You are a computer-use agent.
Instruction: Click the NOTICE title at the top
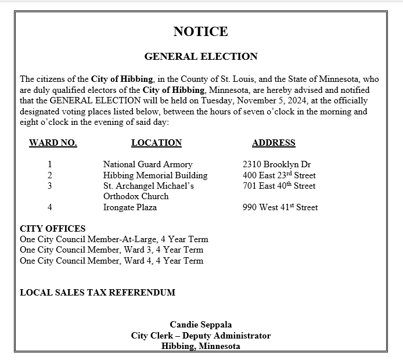(x=200, y=31)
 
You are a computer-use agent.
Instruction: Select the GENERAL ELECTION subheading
(x=200, y=56)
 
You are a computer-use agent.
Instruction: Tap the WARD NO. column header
(x=53, y=143)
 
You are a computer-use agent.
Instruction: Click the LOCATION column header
(x=156, y=143)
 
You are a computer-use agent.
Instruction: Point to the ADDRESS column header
(x=274, y=143)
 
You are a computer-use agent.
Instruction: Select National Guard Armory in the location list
(x=147, y=164)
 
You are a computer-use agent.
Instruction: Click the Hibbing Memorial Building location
(x=155, y=175)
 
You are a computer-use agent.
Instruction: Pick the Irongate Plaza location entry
(x=130, y=207)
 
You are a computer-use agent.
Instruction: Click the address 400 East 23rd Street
(x=279, y=175)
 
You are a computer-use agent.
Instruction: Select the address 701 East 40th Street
(x=279, y=186)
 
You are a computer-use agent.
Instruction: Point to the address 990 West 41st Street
(x=280, y=207)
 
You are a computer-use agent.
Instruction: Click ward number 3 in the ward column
(x=50, y=186)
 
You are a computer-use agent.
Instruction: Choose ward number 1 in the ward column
(x=50, y=164)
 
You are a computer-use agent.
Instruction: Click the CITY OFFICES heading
(x=53, y=229)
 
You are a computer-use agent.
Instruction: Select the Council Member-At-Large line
(x=114, y=239)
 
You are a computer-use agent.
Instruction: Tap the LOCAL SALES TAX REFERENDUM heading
(x=98, y=293)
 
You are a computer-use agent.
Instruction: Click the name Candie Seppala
(x=200, y=325)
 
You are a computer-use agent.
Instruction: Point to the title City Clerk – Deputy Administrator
(x=200, y=336)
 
